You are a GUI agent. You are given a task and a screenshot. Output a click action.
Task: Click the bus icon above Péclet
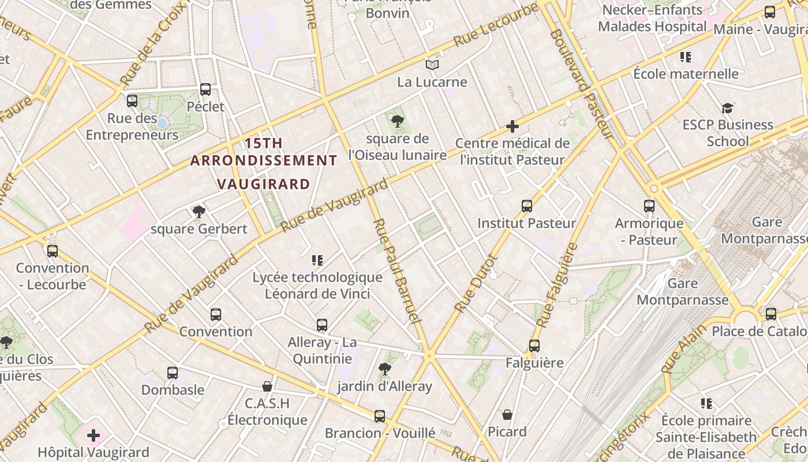[x=205, y=90]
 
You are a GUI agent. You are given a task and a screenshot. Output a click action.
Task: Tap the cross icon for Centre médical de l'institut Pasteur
[x=512, y=126]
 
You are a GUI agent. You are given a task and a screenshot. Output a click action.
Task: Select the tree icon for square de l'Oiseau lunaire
[x=397, y=121]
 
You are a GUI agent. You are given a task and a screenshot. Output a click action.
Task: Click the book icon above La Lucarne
[x=432, y=65]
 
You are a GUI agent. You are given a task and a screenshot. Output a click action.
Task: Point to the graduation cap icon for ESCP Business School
[x=727, y=108]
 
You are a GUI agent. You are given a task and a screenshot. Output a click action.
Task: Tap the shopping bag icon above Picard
[x=507, y=415]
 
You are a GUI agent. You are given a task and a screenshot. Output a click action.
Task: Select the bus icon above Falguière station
[x=534, y=346]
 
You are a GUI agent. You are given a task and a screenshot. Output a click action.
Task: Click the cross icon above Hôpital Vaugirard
[x=93, y=435]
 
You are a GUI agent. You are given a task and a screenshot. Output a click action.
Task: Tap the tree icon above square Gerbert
[x=199, y=211]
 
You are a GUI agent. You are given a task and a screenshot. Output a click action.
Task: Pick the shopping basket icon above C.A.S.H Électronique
[x=267, y=386]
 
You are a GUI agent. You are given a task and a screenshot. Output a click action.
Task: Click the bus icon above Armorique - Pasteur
[x=649, y=206]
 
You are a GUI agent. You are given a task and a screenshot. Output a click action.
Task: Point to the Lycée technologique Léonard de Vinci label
[x=317, y=285]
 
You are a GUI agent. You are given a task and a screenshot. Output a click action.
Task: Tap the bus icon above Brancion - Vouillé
[x=379, y=416]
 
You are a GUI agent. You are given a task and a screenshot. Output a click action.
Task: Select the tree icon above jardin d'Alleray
[x=384, y=369]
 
